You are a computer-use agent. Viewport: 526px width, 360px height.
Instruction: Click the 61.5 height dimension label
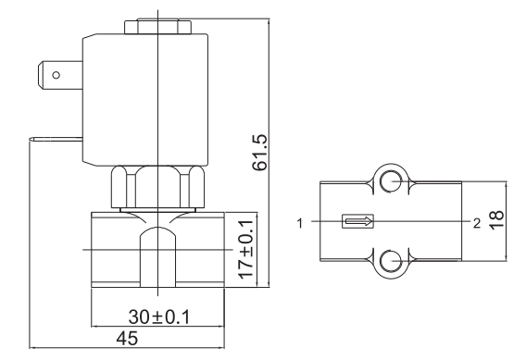pos(260,153)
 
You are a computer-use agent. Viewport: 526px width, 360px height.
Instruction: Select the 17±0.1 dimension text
pos(245,249)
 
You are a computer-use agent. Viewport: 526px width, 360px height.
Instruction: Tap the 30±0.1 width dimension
pos(159,317)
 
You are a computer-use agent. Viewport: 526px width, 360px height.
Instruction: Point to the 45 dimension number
pos(127,338)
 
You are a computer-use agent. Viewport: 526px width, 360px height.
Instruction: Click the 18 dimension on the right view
pos(496,219)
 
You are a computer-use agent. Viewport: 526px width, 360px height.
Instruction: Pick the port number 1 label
pos(300,223)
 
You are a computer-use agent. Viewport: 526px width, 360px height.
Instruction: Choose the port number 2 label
pos(477,223)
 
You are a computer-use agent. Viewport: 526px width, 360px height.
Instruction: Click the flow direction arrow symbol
pos(357,221)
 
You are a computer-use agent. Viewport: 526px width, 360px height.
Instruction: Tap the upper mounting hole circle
pos(391,181)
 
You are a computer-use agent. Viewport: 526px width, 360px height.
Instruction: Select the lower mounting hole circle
pos(391,261)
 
